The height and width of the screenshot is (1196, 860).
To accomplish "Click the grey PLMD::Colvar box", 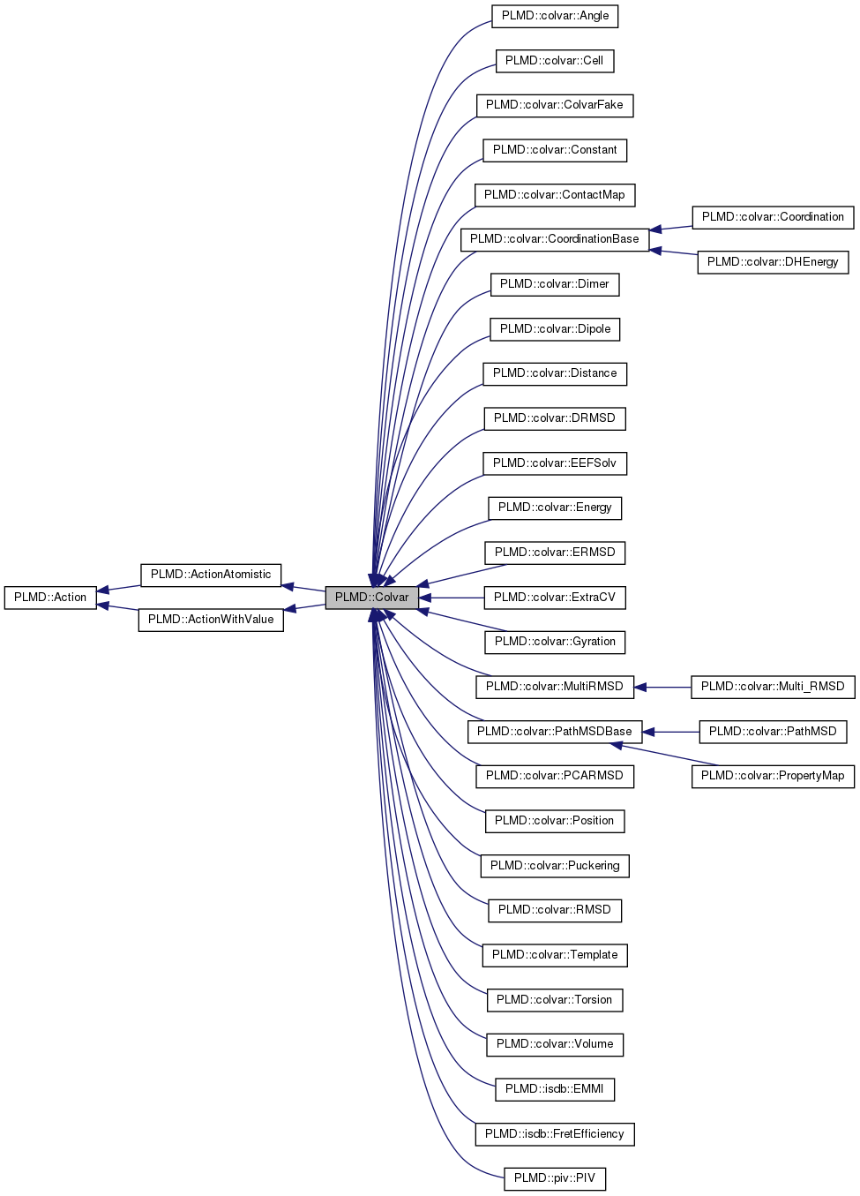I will (x=371, y=598).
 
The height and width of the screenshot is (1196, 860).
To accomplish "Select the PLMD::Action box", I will (x=50, y=598).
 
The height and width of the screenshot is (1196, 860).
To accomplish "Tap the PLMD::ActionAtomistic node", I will (x=211, y=575).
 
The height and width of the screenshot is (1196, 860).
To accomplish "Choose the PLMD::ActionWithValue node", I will (x=211, y=620).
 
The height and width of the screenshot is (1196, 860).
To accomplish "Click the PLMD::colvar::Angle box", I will (x=555, y=16).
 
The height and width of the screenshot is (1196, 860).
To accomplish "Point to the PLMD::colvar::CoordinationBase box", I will (x=554, y=239).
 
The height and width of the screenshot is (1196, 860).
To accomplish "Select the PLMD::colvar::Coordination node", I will (x=773, y=217).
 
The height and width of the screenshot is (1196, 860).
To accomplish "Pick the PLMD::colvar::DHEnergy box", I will (x=773, y=262).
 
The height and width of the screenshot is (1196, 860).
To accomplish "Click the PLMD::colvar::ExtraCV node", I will (x=554, y=598).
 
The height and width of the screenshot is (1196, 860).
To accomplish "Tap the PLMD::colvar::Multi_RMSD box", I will (x=773, y=687).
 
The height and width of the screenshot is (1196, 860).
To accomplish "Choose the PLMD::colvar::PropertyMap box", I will (x=773, y=776).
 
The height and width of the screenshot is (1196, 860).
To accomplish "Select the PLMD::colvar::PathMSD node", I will (x=773, y=732).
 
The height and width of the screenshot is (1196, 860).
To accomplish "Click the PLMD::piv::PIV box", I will (x=554, y=1178).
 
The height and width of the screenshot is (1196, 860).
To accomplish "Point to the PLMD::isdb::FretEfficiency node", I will (x=554, y=1134).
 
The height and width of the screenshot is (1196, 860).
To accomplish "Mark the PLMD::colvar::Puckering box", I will (x=554, y=866).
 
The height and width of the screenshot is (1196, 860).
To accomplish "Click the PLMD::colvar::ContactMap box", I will (x=554, y=195).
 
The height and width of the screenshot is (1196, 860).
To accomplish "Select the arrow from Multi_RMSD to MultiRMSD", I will (x=662, y=687).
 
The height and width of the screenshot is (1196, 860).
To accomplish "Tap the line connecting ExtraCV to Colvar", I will (x=452, y=598).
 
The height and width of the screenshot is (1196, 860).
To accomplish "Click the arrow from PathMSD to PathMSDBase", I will (x=671, y=732).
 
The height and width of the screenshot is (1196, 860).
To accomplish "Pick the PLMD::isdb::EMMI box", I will (x=554, y=1089).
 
